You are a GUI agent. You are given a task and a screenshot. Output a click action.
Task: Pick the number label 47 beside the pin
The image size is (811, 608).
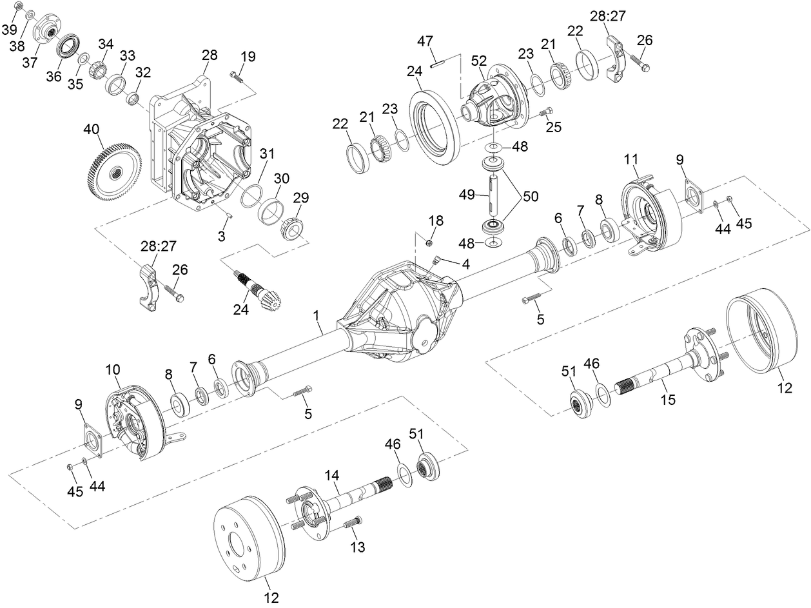[x=424, y=41]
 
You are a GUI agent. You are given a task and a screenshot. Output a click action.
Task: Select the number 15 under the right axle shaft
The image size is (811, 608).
[x=668, y=400]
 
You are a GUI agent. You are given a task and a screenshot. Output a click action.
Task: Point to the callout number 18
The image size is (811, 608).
[x=436, y=221]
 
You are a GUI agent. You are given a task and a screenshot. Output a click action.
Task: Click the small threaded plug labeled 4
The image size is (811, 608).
[x=435, y=260]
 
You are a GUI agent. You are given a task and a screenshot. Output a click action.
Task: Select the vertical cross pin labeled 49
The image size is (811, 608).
[x=494, y=194]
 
